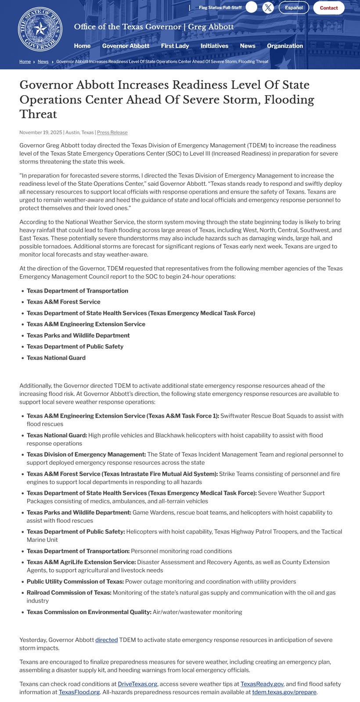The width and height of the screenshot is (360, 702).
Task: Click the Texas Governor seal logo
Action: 40,29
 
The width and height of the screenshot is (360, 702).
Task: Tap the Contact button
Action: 328,8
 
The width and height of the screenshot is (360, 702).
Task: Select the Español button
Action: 294,8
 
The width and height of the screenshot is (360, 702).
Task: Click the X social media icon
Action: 268,7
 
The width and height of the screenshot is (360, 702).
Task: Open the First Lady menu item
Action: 175,46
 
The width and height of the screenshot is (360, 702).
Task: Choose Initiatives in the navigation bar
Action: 214,46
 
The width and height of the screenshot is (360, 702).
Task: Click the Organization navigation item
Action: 284,46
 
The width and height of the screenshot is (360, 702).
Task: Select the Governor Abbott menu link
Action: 126,46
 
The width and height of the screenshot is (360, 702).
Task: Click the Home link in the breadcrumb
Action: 25,62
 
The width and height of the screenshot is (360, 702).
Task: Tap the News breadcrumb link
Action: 43,62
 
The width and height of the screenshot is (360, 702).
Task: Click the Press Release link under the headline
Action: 112,133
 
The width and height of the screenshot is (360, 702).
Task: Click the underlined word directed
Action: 106,640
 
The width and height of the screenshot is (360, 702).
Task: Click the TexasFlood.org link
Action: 79,692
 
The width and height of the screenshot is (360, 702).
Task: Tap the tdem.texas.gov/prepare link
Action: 284,692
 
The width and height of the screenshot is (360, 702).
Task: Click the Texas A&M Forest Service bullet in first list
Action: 63,302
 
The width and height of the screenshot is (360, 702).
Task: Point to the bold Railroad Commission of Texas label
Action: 68,593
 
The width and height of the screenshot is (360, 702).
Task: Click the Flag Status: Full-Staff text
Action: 220,8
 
